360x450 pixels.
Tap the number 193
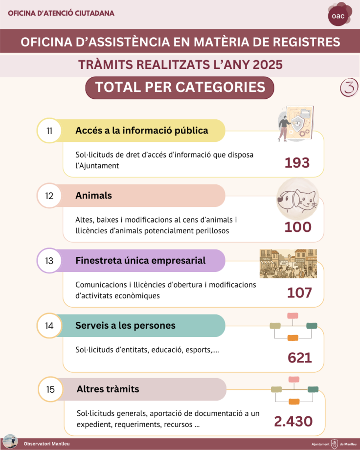click(x=297, y=163)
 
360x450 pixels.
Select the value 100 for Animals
click(x=298, y=227)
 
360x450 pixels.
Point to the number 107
click(x=299, y=293)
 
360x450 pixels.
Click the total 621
click(x=300, y=358)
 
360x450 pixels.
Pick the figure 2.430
click(x=293, y=422)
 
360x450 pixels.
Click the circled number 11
click(x=49, y=131)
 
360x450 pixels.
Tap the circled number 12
click(x=49, y=196)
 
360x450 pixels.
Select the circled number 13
click(x=49, y=261)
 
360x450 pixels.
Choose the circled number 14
click(x=49, y=326)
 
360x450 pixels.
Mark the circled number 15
click(x=50, y=390)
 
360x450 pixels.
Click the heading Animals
click(x=93, y=196)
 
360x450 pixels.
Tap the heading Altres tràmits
click(x=108, y=389)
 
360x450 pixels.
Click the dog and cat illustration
click(x=297, y=199)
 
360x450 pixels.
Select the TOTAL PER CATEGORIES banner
click(x=180, y=88)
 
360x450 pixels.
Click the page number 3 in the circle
click(x=349, y=88)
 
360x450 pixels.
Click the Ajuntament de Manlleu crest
click(x=335, y=444)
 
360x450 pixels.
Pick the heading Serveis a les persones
click(x=125, y=326)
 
